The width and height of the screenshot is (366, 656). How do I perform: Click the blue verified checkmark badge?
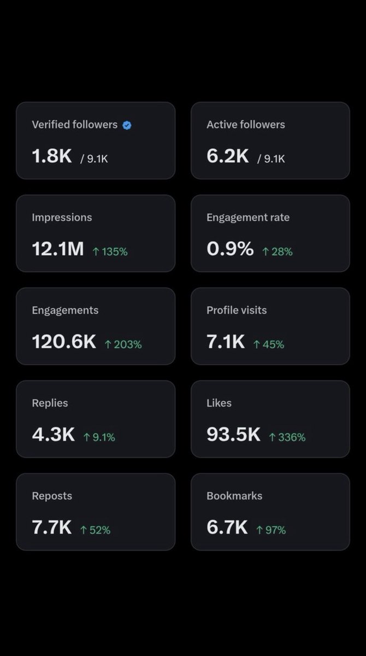[127, 125]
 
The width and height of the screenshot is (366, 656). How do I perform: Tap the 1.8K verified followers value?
[52, 156]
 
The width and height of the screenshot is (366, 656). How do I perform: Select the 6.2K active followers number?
[228, 156]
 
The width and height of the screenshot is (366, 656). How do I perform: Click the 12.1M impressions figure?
[58, 249]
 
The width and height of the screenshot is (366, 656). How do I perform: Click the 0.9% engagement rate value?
[230, 249]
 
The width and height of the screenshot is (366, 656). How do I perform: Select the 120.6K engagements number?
[64, 342]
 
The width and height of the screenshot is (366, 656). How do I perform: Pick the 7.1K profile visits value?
[226, 342]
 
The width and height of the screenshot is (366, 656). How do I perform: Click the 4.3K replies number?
[53, 434]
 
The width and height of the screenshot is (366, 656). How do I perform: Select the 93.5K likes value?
[233, 434]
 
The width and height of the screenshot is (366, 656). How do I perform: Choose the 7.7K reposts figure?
[52, 527]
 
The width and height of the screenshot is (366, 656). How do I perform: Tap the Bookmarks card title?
[234, 496]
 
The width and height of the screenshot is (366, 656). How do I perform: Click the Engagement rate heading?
[248, 218]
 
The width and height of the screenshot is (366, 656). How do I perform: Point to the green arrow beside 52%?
[84, 530]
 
